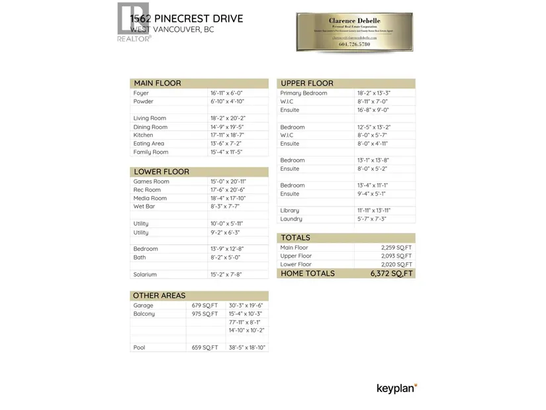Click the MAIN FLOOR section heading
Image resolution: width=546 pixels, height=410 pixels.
coord(157,83)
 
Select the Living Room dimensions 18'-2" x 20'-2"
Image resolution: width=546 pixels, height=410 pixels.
coord(227,119)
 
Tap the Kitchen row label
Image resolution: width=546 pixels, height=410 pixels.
coord(143,135)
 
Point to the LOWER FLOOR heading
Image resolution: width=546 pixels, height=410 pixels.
coord(161,172)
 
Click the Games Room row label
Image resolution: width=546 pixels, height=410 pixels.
coord(151,181)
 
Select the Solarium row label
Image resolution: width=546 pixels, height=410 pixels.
coord(145,274)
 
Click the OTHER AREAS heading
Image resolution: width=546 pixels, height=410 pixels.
coord(159,295)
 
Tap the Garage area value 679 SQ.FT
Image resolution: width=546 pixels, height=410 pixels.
coord(205,305)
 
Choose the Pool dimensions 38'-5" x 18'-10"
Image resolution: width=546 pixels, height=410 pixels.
coord(247,347)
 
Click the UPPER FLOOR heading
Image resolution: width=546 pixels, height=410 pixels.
coord(306,83)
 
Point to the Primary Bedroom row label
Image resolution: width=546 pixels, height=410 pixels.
coord(303,93)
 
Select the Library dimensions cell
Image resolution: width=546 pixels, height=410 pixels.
coord(374,211)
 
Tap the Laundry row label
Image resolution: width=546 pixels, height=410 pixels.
coord(291,219)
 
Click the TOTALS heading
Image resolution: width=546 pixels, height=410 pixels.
coord(295,238)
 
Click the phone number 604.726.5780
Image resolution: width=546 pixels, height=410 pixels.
coord(353,44)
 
